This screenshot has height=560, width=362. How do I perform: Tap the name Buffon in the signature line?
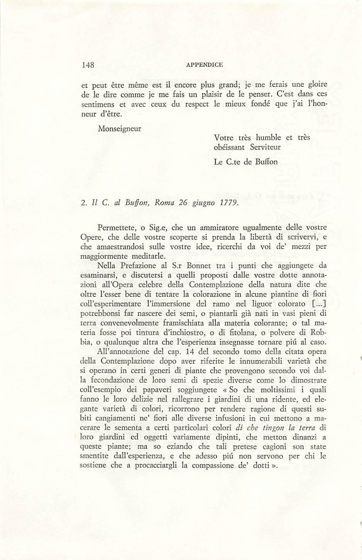(266, 162)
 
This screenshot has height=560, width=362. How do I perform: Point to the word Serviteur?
(265, 147)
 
